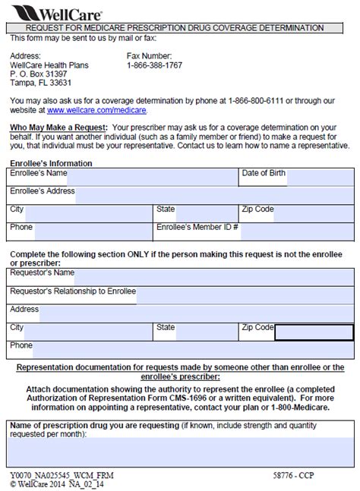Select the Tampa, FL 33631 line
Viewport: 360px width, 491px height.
tap(42, 83)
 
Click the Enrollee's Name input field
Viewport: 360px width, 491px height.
tap(152, 174)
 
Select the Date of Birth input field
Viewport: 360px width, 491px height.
tap(319, 174)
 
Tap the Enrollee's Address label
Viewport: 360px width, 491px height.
tap(42, 191)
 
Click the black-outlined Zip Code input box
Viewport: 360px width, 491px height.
tap(313, 332)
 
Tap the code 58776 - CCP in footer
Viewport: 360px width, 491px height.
tap(295, 474)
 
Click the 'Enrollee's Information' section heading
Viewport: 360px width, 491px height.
tap(51, 163)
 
